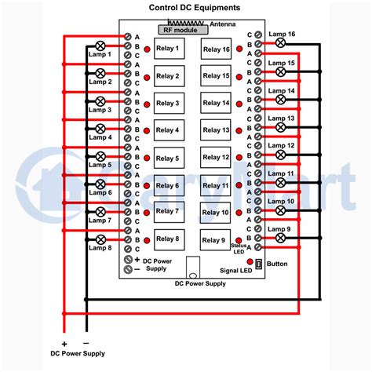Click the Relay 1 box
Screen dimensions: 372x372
(x=167, y=49)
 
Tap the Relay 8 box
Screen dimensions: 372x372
(x=167, y=239)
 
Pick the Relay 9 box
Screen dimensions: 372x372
(x=213, y=239)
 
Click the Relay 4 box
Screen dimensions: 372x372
(x=167, y=130)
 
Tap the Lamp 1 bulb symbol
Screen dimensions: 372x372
(x=100, y=46)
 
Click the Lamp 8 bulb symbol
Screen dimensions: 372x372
(x=100, y=239)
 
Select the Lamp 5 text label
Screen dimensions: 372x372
(x=100, y=166)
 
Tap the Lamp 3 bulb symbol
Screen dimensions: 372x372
(x=100, y=101)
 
